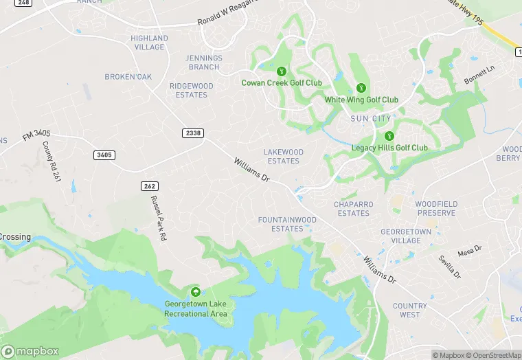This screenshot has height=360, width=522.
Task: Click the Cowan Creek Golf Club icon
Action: (281, 71)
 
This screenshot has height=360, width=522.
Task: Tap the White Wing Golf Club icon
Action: (361, 88)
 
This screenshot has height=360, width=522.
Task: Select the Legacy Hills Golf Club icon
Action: (389, 136)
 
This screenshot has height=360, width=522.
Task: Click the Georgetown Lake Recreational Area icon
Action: (196, 292)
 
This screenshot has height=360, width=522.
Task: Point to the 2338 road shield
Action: (194, 133)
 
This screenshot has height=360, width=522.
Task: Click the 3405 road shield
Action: (104, 155)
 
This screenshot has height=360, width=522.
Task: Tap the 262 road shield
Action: (150, 186)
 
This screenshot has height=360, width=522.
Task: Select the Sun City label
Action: (371, 119)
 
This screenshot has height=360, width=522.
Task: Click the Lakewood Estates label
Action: (283, 156)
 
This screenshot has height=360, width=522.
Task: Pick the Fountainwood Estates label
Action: (287, 224)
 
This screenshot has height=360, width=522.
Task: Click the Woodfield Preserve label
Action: (435, 208)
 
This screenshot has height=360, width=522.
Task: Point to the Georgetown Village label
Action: (405, 236)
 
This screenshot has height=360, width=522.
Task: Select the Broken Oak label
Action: (128, 77)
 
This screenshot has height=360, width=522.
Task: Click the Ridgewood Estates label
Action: (192, 90)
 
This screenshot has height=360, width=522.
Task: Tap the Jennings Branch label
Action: (203, 63)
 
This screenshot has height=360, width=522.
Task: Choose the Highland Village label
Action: (149, 43)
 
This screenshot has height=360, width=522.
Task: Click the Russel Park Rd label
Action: (159, 218)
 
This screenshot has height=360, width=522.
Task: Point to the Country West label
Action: (409, 310)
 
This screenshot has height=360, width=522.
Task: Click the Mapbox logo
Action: (30, 350)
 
